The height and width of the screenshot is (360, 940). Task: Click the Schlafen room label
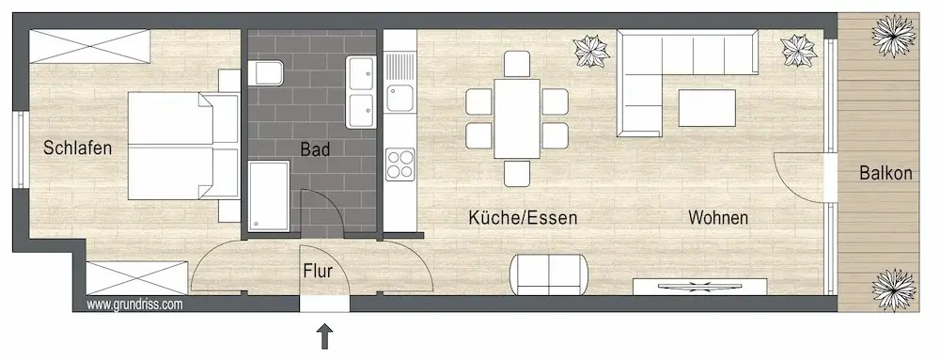pyautogui.click(x=77, y=148)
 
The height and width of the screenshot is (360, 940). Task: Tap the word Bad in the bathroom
pyautogui.click(x=315, y=149)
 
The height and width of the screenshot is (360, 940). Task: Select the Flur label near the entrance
pyautogui.click(x=318, y=272)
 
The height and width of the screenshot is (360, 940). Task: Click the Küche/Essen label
pyautogui.click(x=523, y=217)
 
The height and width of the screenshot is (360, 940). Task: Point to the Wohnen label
pyautogui.click(x=718, y=217)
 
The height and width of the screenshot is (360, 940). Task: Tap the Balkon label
pyautogui.click(x=886, y=174)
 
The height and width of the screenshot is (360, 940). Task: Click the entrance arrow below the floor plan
pyautogui.click(x=325, y=336)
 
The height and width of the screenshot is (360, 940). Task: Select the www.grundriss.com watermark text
pyautogui.click(x=134, y=305)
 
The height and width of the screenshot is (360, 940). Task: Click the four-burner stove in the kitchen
pyautogui.click(x=399, y=164)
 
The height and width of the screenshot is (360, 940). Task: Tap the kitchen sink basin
pyautogui.click(x=399, y=98)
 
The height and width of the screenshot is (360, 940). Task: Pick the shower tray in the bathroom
pyautogui.click(x=269, y=196)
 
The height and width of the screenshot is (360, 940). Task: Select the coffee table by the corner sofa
pyautogui.click(x=708, y=108)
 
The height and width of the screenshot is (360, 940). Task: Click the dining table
pyautogui.click(x=517, y=118)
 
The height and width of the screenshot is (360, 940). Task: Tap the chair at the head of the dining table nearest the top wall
pyautogui.click(x=517, y=64)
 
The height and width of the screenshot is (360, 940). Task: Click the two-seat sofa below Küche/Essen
pyautogui.click(x=550, y=274)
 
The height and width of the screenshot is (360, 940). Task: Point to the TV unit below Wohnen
pyautogui.click(x=700, y=287)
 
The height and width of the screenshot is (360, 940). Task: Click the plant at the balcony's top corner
pyautogui.click(x=893, y=36)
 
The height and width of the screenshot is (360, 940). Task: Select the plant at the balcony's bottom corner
pyautogui.click(x=894, y=290)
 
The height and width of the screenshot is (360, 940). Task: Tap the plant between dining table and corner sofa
pyautogui.click(x=591, y=52)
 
